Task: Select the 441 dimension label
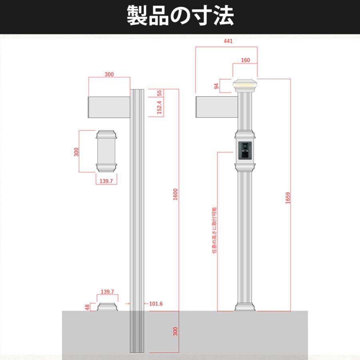point(228,41)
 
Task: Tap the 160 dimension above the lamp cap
point(246,60)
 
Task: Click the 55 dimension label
point(159,93)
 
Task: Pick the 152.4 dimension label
point(159,108)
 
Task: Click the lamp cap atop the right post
point(245,85)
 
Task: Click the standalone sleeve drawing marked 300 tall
point(106,150)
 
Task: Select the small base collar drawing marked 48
point(108,307)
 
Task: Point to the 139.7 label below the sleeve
point(106,181)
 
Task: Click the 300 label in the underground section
point(175,331)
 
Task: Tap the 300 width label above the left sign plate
point(109,74)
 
